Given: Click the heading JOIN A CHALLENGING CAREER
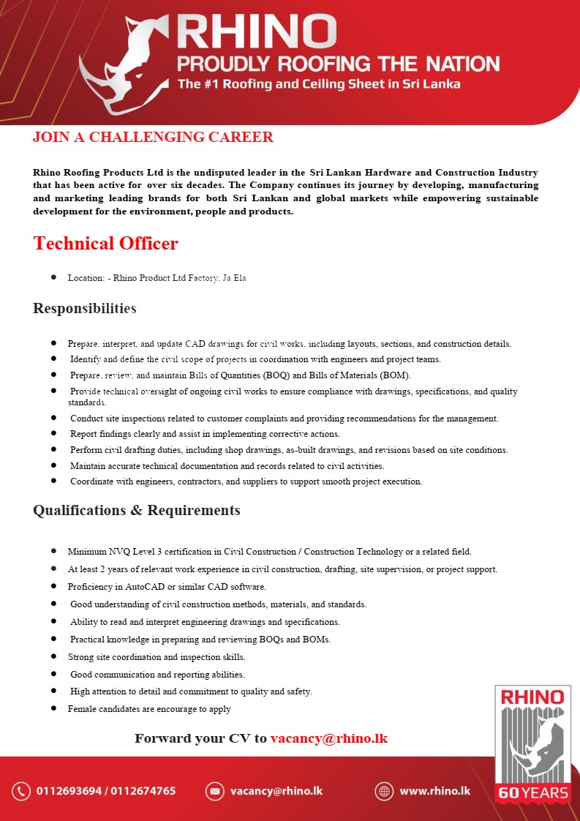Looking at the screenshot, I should pyautogui.click(x=153, y=138).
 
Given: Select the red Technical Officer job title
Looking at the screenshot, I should pyautogui.click(x=105, y=244).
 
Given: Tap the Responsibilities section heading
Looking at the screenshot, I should pyautogui.click(x=84, y=308).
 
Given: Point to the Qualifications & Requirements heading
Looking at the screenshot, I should pyautogui.click(x=136, y=510).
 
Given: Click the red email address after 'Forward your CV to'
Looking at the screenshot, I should pyautogui.click(x=328, y=738).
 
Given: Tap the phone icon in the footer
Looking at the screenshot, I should pyautogui.click(x=21, y=791).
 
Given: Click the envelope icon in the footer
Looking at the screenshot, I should pyautogui.click(x=214, y=791).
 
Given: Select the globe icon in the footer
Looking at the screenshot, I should pyautogui.click(x=384, y=791).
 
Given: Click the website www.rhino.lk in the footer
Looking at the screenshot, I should pyautogui.click(x=434, y=791).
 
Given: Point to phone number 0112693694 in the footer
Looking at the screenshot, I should pyautogui.click(x=67, y=791).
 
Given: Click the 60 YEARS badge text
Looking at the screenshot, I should pyautogui.click(x=532, y=792).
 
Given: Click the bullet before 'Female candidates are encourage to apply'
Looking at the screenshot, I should pyautogui.click(x=54, y=708).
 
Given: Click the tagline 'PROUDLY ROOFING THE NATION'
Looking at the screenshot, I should pyautogui.click(x=338, y=64).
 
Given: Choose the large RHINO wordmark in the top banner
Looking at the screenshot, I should pyautogui.click(x=257, y=31).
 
